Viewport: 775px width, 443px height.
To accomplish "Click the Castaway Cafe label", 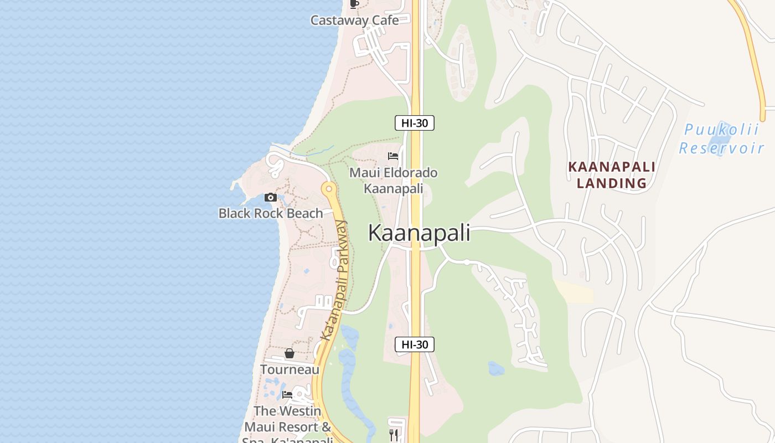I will [x=354, y=20].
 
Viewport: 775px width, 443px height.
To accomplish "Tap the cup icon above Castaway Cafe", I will [x=354, y=3].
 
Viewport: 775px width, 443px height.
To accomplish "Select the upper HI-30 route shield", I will [x=415, y=123].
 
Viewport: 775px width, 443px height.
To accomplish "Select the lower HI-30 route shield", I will [x=415, y=344].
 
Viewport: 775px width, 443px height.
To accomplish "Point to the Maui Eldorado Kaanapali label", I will [x=393, y=181].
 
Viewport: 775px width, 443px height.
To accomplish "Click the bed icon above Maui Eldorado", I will [x=393, y=156].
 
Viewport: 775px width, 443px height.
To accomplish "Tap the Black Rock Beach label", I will [x=271, y=213].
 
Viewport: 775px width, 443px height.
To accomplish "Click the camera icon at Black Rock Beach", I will [x=270, y=197].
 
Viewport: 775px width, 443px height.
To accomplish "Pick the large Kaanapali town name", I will [x=419, y=233].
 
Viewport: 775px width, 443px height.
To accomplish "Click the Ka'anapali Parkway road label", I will [x=334, y=280].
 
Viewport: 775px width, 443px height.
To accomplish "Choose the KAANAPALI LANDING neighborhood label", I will [x=612, y=175].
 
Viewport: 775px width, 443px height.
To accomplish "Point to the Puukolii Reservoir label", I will [x=721, y=139].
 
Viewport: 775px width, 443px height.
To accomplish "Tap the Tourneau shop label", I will [x=290, y=369].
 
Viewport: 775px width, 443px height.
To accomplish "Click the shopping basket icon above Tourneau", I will [x=289, y=353].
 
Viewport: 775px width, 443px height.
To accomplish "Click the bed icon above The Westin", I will [x=287, y=395].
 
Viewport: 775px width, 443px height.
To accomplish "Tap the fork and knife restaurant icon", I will [x=394, y=435].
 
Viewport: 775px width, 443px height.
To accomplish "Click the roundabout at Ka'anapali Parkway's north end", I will [x=329, y=189].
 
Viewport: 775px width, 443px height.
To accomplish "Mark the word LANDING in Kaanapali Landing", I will [x=612, y=183].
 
